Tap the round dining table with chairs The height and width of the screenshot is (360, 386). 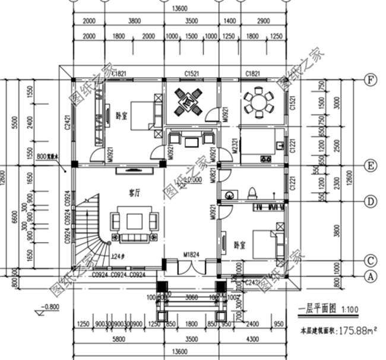(260, 102)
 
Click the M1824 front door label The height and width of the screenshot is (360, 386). (190, 255)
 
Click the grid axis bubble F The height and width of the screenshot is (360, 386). (371, 79)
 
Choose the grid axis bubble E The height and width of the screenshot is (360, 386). (371, 165)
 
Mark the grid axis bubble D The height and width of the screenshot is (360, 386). (371, 202)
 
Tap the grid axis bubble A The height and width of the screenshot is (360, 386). (371, 276)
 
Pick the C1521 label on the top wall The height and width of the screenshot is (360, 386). (191, 73)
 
